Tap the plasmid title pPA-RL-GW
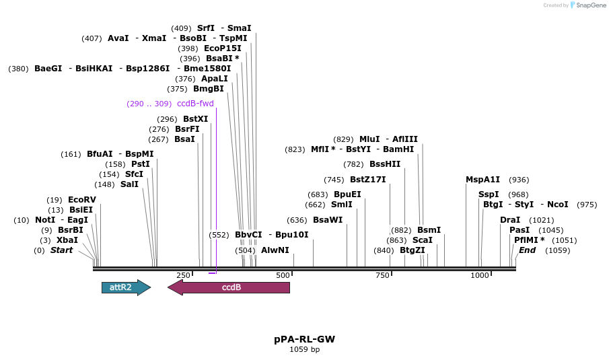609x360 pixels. pos(304,339)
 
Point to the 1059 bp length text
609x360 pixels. pos(304,349)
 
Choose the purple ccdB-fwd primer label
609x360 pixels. pos(195,104)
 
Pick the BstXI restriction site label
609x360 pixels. pos(195,119)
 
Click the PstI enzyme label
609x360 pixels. pos(141,164)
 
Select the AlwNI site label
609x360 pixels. pos(275,250)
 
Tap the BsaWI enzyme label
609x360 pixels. pos(328,220)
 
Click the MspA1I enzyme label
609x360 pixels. pos(483,180)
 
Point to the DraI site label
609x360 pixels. pos(510,220)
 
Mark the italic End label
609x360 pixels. pos(527,250)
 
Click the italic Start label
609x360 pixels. pos(61,250)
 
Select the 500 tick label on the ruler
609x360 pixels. pos(283,275)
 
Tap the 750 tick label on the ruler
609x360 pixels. pos(382,275)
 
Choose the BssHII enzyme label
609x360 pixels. pos(385,164)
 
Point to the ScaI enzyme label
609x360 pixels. pos(423,240)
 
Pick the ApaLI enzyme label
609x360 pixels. pos(215,79)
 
